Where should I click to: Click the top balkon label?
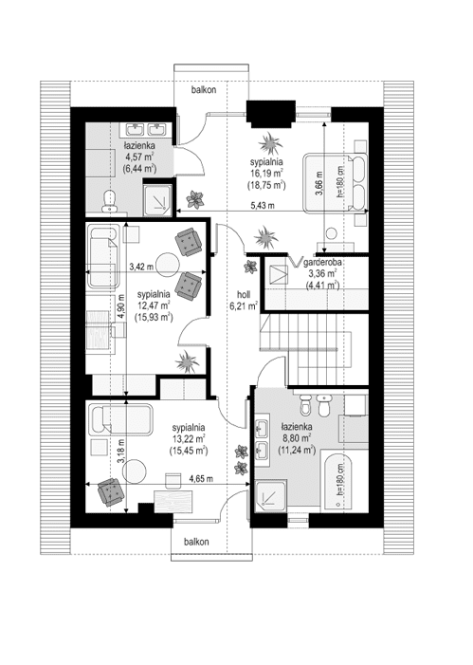point(204,90)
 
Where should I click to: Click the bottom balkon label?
point(196,542)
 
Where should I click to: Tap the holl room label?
point(244,295)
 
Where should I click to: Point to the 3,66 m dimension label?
point(319,182)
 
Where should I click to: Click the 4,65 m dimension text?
point(201,479)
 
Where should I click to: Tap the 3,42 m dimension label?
point(141,267)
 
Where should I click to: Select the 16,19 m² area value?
point(266,173)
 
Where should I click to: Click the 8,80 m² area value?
point(297,437)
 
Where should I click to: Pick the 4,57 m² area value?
point(139,157)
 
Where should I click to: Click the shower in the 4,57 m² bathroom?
point(157,199)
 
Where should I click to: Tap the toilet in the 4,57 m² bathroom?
point(109,200)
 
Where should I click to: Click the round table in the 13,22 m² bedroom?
point(134,471)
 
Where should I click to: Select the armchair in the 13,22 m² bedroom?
point(111,492)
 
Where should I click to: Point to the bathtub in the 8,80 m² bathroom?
point(339,481)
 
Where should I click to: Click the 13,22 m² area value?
point(189,439)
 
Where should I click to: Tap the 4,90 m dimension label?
point(121,306)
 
